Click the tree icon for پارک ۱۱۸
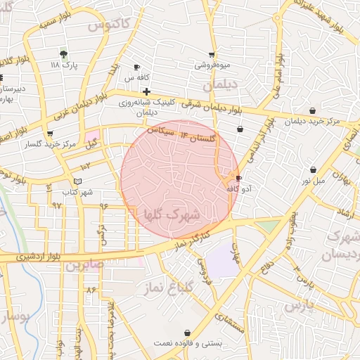[x=64, y=53]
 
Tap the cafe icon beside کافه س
[x=136, y=67]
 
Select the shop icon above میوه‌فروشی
[x=212, y=55]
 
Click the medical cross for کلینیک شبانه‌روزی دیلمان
[x=146, y=91]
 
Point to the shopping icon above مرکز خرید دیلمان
[x=312, y=110]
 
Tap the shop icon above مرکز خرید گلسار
[x=49, y=134]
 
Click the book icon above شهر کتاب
[x=77, y=182]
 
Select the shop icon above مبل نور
[x=313, y=169]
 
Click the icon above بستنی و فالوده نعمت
[x=187, y=333]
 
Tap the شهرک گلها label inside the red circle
[x=172, y=213]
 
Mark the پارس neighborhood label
[x=299, y=306]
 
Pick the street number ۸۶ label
[x=91, y=290]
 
